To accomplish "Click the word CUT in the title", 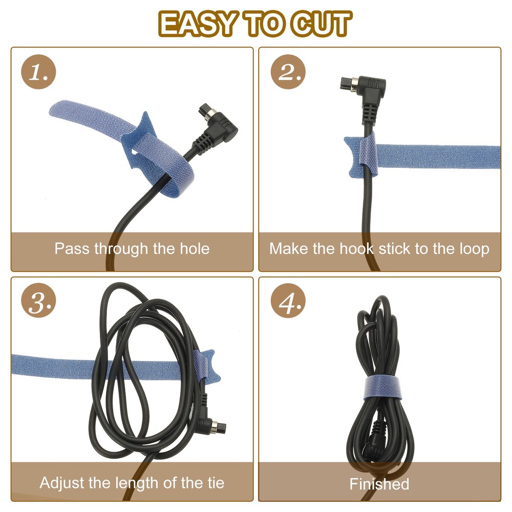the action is point(322,24).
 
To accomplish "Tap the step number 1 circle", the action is point(38,72).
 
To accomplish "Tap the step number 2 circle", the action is point(288,72).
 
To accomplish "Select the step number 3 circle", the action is point(38,301).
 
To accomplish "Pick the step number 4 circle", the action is point(288,301).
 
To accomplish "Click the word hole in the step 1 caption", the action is point(195,248).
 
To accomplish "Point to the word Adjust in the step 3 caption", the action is point(62,483).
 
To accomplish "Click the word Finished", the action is point(379,484).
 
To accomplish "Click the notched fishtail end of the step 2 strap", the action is point(352,157).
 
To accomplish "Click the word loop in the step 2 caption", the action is point(475,249).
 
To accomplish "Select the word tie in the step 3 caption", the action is point(216,482).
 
